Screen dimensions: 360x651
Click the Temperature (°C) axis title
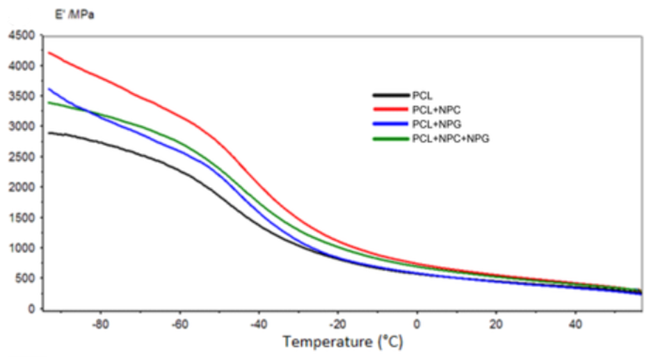[342, 341]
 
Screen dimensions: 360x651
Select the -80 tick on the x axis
[101, 323]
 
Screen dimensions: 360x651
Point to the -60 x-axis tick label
[179, 323]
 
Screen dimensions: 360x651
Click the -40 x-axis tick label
[259, 323]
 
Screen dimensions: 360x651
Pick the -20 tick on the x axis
[337, 323]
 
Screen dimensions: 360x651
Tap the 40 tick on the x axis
[575, 323]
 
